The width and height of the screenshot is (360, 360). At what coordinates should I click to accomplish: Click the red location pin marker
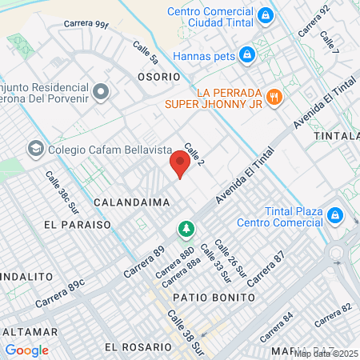click(180, 165)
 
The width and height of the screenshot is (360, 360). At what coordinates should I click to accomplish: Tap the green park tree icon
click(186, 230)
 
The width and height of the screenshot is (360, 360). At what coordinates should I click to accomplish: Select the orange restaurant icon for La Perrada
click(274, 96)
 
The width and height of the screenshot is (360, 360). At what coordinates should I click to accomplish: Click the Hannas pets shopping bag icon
click(247, 54)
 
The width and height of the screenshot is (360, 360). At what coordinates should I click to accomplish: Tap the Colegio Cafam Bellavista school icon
click(35, 149)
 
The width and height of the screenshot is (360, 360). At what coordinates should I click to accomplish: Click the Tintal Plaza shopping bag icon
click(335, 215)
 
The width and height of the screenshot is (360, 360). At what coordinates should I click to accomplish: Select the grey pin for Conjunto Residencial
click(100, 93)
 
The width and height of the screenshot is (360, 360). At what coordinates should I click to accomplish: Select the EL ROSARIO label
click(138, 348)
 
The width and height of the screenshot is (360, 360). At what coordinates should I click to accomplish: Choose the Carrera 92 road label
click(313, 22)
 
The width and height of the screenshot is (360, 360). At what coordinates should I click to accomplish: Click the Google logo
click(26, 350)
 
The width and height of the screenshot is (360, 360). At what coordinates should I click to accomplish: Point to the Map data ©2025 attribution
click(326, 353)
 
